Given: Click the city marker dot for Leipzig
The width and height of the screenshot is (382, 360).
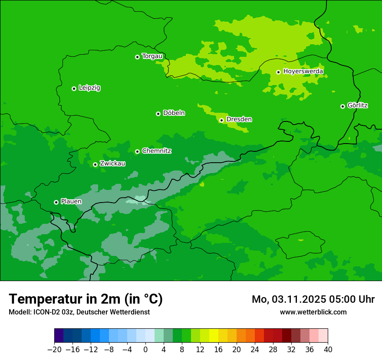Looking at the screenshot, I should (74, 88).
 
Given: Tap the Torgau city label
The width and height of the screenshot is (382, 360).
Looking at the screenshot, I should (152, 56).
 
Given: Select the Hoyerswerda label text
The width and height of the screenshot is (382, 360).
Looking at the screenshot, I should (303, 71).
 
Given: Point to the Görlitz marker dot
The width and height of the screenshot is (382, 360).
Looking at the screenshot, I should (342, 106).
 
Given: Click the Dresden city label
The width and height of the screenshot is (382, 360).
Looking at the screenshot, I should (239, 119).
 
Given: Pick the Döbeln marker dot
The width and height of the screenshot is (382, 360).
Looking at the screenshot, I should (158, 114).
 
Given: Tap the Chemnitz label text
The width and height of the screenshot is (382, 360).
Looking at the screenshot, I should (157, 151).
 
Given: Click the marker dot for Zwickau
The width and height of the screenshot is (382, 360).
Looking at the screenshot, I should (95, 164).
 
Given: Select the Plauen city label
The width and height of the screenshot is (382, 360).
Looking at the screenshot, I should (71, 201).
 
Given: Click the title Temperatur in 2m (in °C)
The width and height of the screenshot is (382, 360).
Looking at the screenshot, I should (86, 299).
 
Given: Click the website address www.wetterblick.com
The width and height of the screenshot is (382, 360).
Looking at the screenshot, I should (313, 312).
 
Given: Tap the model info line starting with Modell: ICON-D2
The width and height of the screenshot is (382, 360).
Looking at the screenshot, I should (79, 312).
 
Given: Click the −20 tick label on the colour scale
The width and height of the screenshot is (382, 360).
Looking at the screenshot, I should (54, 350).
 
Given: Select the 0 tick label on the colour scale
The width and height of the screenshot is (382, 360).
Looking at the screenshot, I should (145, 350).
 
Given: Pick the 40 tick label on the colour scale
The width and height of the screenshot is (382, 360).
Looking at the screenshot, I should (328, 350).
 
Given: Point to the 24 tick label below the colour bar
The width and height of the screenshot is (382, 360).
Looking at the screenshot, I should (255, 350).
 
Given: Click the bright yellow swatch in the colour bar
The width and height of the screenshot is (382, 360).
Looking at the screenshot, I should (214, 336).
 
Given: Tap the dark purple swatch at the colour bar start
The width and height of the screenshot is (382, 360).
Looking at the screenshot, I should (59, 336).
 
